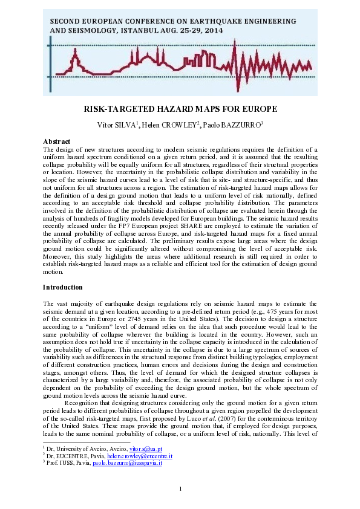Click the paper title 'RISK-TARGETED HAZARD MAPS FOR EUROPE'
tap(180, 109)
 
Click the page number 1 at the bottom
tap(180, 488)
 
